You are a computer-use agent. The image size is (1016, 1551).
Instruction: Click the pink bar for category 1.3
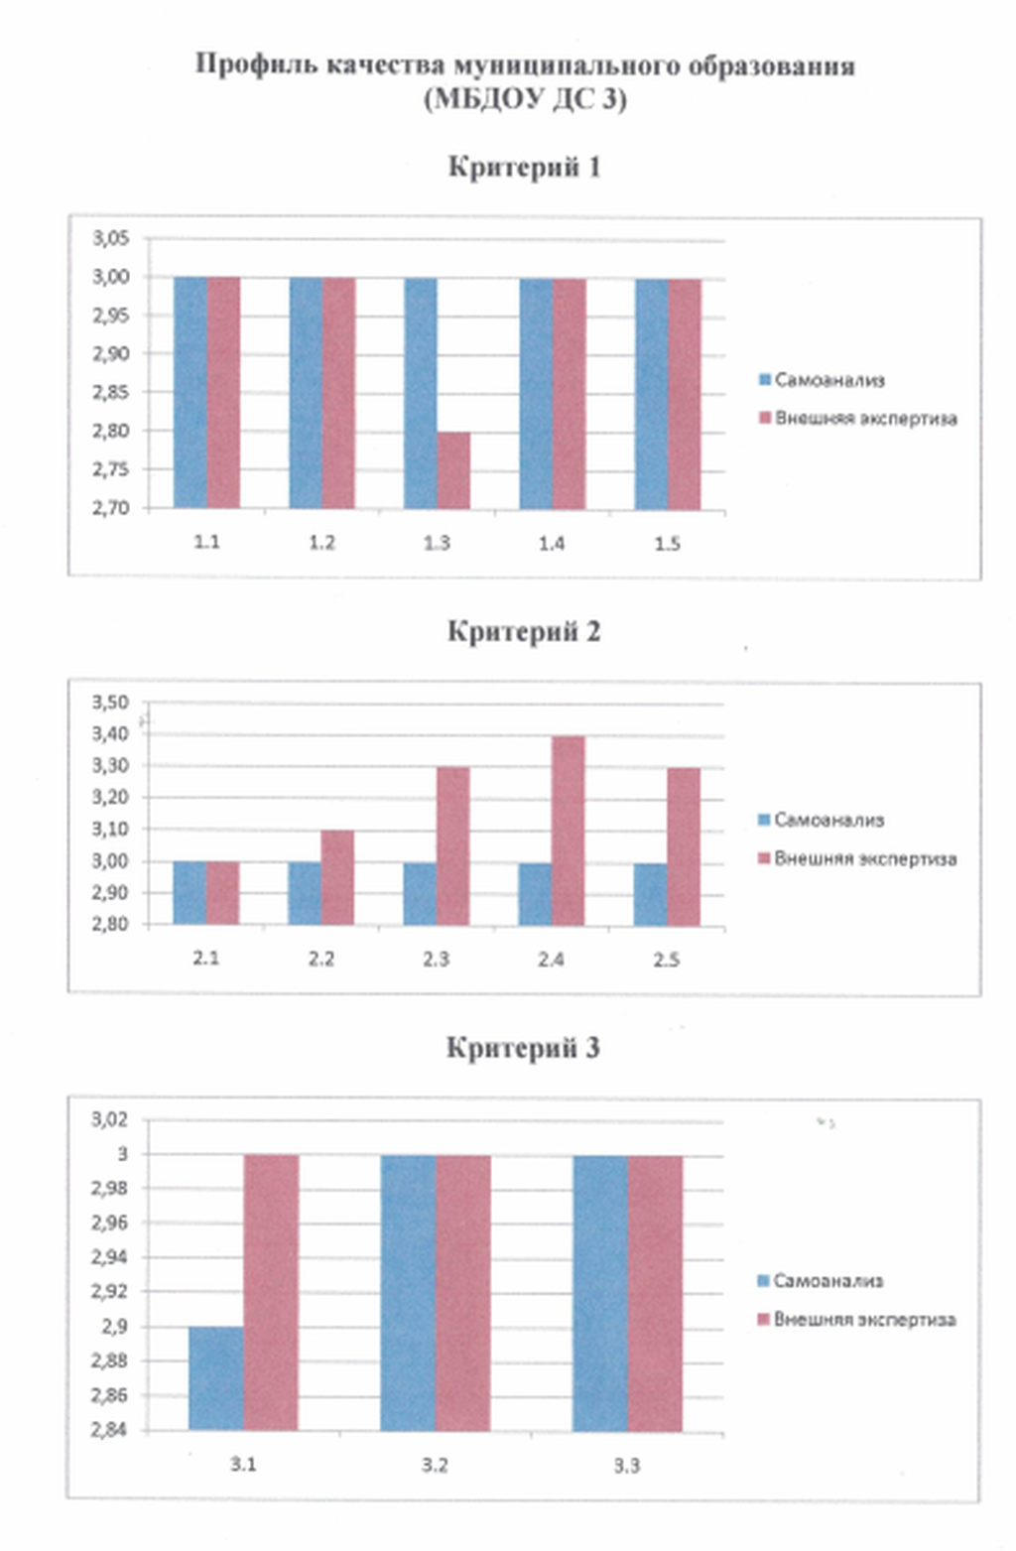click(453, 469)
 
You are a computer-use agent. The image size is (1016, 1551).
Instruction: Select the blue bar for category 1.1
click(190, 393)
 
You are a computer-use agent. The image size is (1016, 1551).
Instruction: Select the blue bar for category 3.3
click(599, 1292)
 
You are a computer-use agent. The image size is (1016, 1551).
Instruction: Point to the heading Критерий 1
click(524, 167)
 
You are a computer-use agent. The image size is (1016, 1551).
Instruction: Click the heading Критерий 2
click(524, 631)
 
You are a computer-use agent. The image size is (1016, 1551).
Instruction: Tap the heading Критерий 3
click(523, 1048)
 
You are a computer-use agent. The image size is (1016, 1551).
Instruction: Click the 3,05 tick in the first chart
click(111, 238)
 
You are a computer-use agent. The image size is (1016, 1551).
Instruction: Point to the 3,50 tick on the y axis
click(111, 703)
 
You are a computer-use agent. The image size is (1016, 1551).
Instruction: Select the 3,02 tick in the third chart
click(110, 1119)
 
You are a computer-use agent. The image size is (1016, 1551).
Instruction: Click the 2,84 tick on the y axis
click(110, 1430)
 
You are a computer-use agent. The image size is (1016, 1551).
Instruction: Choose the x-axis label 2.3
click(436, 959)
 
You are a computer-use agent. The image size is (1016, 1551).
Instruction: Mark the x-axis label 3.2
click(435, 1465)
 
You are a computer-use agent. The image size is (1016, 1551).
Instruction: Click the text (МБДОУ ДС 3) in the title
click(525, 100)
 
